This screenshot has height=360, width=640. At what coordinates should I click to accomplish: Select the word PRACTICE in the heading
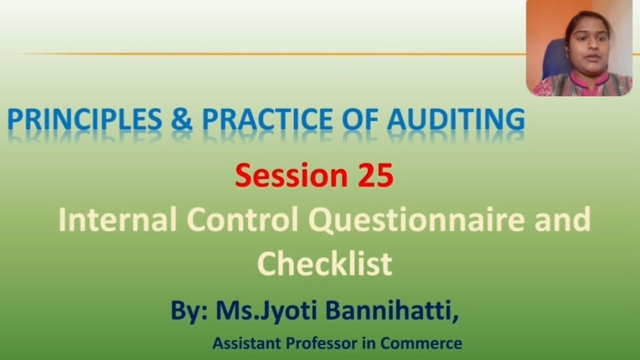click(267, 119)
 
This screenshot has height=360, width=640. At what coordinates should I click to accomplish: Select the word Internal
click(117, 220)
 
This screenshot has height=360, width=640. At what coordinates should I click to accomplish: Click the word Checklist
click(324, 264)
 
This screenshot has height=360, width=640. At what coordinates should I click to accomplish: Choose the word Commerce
click(421, 343)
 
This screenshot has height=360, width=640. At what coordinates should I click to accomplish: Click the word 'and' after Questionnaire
click(562, 220)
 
